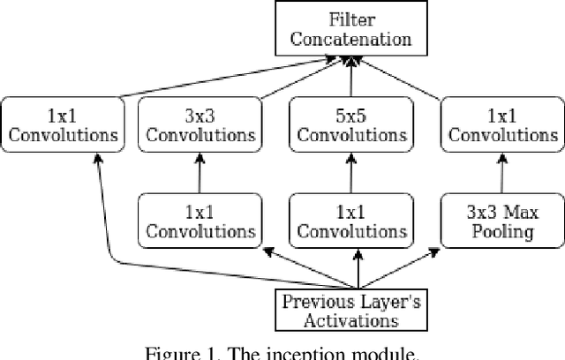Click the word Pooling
click(x=500, y=231)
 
